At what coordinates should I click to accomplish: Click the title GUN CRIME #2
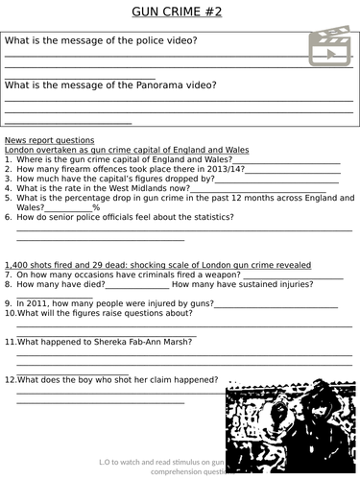point(180,12)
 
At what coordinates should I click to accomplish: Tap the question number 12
point(11,379)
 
